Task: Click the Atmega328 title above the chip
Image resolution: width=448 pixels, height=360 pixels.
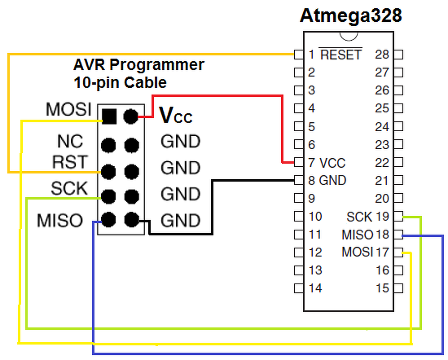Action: [x=351, y=16]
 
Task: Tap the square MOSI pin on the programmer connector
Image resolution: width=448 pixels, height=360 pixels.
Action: [x=109, y=116]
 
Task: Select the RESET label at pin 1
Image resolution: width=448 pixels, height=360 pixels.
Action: [x=341, y=55]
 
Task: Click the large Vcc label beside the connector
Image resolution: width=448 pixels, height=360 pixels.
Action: [x=176, y=115]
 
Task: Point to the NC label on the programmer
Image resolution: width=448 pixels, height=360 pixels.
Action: [x=70, y=141]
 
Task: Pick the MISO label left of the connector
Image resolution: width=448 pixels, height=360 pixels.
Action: [x=60, y=221]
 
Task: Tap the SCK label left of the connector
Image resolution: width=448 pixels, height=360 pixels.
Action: [x=69, y=188]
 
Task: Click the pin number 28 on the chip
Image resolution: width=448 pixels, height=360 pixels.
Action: [x=382, y=55]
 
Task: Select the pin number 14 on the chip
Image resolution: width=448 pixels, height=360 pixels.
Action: [x=315, y=288]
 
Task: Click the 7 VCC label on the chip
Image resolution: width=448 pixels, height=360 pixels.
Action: [x=327, y=163]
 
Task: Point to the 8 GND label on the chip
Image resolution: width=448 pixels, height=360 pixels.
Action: [x=327, y=181]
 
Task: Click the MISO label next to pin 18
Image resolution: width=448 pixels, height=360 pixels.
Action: [x=357, y=235]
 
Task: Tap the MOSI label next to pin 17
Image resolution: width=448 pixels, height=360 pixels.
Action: [x=357, y=252]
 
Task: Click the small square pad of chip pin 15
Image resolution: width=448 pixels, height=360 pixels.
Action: [x=398, y=289]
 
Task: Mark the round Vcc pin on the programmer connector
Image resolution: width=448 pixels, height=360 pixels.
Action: [x=131, y=116]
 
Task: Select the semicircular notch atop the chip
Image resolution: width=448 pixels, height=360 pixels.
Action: [x=349, y=36]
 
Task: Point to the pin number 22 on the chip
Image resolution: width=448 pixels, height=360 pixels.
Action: [x=382, y=163]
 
